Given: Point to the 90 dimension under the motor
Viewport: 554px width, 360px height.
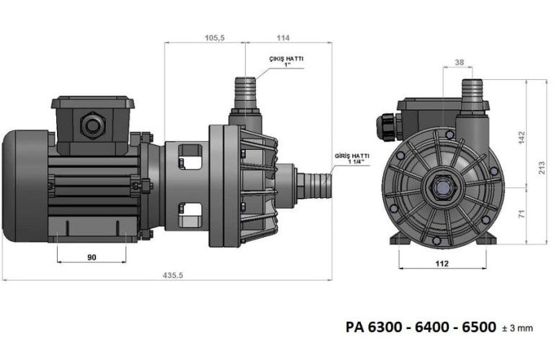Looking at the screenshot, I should (x=92, y=256).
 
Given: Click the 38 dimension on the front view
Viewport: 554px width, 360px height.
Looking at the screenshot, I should (x=460, y=62).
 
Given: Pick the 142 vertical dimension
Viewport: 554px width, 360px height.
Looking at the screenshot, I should (x=522, y=137).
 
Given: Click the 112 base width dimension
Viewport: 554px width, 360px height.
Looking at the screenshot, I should (x=442, y=264).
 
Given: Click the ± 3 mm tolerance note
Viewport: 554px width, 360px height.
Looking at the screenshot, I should (x=517, y=328).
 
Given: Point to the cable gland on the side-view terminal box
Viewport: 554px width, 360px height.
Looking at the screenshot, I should (x=91, y=125).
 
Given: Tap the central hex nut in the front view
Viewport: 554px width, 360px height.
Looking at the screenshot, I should (x=441, y=188).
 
